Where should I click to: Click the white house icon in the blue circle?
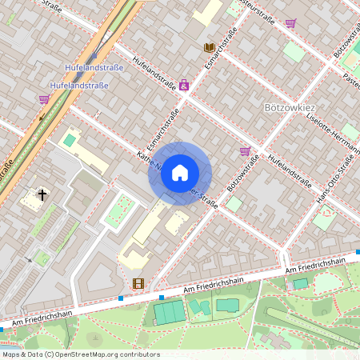coord(180,173)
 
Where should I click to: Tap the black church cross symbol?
coord(42,194)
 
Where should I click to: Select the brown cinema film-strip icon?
coord(138,283)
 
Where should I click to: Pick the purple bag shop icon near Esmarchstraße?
coord(184,84)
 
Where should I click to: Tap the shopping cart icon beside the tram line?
coord(43,100)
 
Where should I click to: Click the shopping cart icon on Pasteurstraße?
coord(290,23)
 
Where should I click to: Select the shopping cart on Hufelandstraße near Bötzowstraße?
coord(245,150)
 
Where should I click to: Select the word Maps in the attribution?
coord(12,354)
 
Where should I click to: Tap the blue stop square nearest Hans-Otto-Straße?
coord(358,252)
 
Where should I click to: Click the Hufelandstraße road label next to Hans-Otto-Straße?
coord(290,170)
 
